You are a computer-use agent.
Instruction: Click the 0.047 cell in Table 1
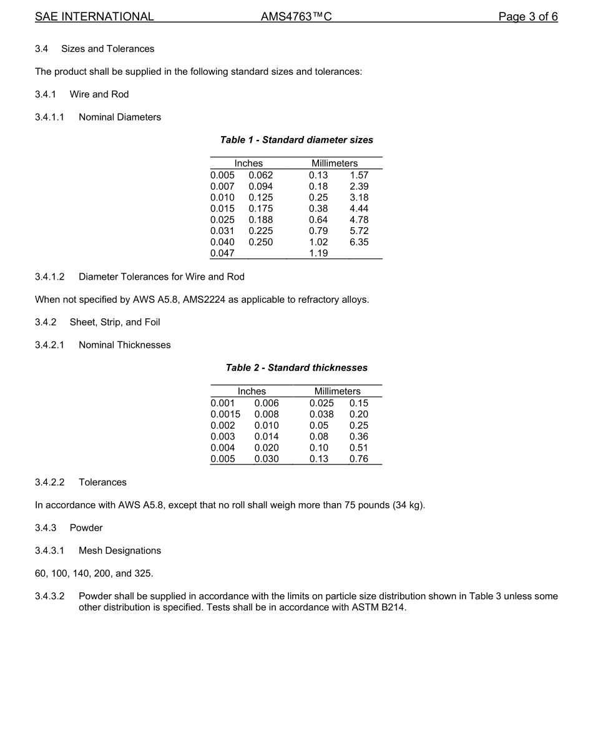pos(222,253)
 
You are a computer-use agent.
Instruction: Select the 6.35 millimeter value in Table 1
pos(359,242)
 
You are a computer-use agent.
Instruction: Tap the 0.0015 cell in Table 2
pos(225,414)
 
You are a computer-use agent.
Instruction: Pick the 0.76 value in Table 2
pos(359,459)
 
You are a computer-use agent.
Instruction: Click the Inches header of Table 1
pos(248,164)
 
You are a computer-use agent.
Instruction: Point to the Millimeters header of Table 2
pos(337,391)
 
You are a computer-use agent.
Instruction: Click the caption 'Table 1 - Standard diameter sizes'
pos(296,140)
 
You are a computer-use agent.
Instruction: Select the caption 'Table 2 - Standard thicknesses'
pos(296,368)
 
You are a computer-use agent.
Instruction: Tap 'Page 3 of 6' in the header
pos(528,17)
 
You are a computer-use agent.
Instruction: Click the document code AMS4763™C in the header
pos(296,17)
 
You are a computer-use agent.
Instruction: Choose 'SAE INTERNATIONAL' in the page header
pos(94,17)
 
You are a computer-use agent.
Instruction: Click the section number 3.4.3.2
pos(50,596)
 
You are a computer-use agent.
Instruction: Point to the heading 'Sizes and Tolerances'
pos(107,49)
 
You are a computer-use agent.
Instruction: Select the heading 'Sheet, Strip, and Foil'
pos(115,322)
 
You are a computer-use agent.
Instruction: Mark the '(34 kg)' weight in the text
pos(408,505)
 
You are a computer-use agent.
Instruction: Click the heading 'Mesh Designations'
pos(120,551)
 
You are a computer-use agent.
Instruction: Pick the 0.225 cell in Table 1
pos(260,231)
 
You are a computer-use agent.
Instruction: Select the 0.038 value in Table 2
pos(321,414)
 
